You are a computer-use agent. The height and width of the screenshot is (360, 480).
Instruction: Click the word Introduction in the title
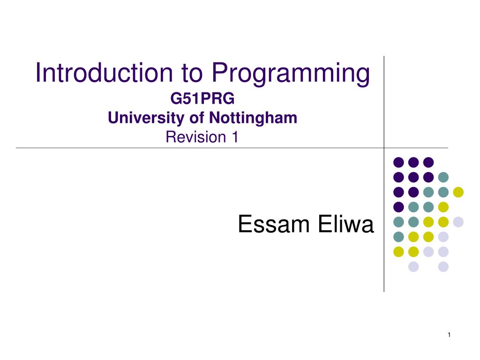(x=104, y=73)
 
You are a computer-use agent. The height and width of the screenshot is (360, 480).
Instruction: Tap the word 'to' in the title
(x=192, y=73)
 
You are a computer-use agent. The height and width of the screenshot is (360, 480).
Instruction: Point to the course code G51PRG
(x=202, y=98)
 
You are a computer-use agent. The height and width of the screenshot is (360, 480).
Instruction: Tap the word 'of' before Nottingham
(x=196, y=118)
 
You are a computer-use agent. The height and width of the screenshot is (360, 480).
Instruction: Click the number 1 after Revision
(x=235, y=137)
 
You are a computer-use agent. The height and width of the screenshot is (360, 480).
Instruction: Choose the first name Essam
(x=274, y=225)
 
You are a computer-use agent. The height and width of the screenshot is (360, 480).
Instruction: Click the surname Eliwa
(x=346, y=224)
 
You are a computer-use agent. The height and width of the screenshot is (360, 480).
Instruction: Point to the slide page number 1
(x=449, y=335)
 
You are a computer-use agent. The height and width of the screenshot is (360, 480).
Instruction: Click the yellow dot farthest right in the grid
(x=458, y=192)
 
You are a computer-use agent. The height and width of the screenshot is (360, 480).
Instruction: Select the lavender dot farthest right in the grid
(x=458, y=222)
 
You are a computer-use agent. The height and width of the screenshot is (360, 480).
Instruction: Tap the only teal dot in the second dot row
(x=443, y=177)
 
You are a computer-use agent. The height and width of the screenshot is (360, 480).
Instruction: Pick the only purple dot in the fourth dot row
(x=398, y=207)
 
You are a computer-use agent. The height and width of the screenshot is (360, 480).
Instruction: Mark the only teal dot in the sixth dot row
(x=398, y=237)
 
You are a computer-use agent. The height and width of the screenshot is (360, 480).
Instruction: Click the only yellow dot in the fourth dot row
(x=443, y=207)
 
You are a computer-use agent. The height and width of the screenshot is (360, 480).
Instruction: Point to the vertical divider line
(x=384, y=174)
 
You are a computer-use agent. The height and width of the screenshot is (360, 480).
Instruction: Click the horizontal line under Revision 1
(x=232, y=148)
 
